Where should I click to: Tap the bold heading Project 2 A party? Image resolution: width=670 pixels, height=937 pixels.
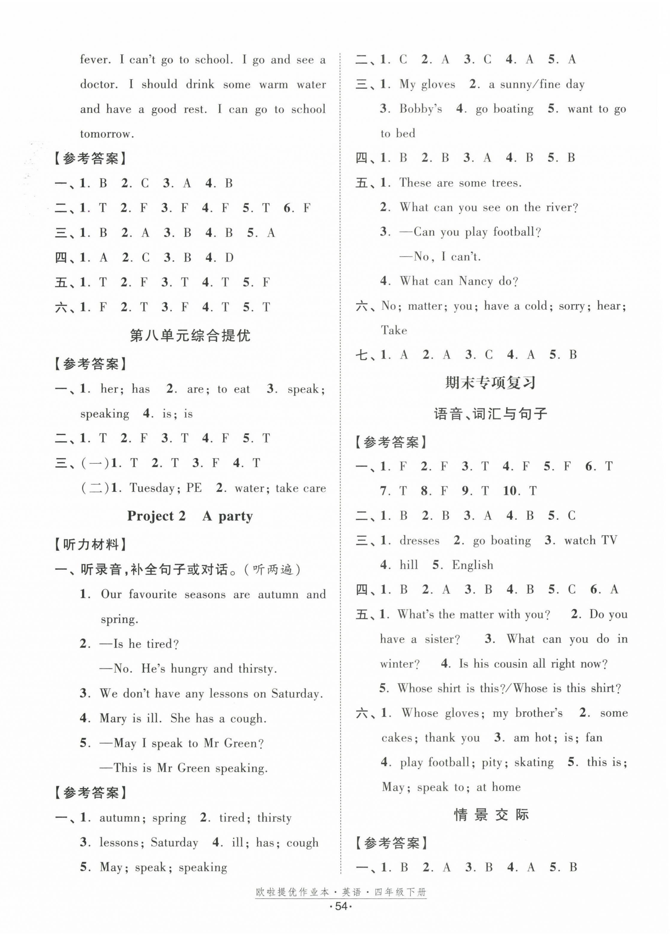pos(190,516)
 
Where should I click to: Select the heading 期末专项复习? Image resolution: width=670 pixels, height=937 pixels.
pos(490,383)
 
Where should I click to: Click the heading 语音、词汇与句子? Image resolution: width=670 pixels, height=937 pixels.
pos(490,413)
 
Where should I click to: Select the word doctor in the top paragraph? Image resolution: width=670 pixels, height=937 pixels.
pos(98,84)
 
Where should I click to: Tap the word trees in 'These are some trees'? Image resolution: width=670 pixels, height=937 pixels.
pos(504,182)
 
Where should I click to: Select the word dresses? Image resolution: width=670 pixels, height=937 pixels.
pos(419,540)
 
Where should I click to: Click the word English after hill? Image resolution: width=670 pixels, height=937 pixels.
pos(472,565)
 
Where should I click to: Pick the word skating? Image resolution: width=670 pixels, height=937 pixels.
pos(534,762)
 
